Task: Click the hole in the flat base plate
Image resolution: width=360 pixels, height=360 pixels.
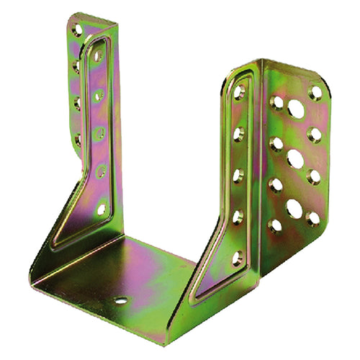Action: click(x=121, y=300)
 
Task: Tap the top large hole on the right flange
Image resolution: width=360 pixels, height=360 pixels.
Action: click(x=295, y=109)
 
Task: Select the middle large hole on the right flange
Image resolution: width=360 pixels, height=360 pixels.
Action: click(x=294, y=158)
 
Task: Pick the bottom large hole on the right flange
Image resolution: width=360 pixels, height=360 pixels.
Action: click(x=294, y=209)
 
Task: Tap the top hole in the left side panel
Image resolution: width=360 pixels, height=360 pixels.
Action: click(x=97, y=55)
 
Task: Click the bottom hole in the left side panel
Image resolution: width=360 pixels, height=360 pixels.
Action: click(x=101, y=210)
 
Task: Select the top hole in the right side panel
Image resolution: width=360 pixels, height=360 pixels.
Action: click(x=239, y=92)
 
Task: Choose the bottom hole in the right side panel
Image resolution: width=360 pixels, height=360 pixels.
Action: click(x=236, y=257)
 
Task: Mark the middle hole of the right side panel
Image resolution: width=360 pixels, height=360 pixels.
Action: click(x=238, y=175)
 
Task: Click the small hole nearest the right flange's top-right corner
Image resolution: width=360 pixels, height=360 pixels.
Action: click(x=315, y=92)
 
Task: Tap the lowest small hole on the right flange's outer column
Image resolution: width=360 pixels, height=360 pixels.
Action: click(x=313, y=217)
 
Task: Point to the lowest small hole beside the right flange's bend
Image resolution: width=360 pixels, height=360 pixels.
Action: click(x=275, y=226)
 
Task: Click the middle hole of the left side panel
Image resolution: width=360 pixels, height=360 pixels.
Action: click(x=99, y=132)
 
